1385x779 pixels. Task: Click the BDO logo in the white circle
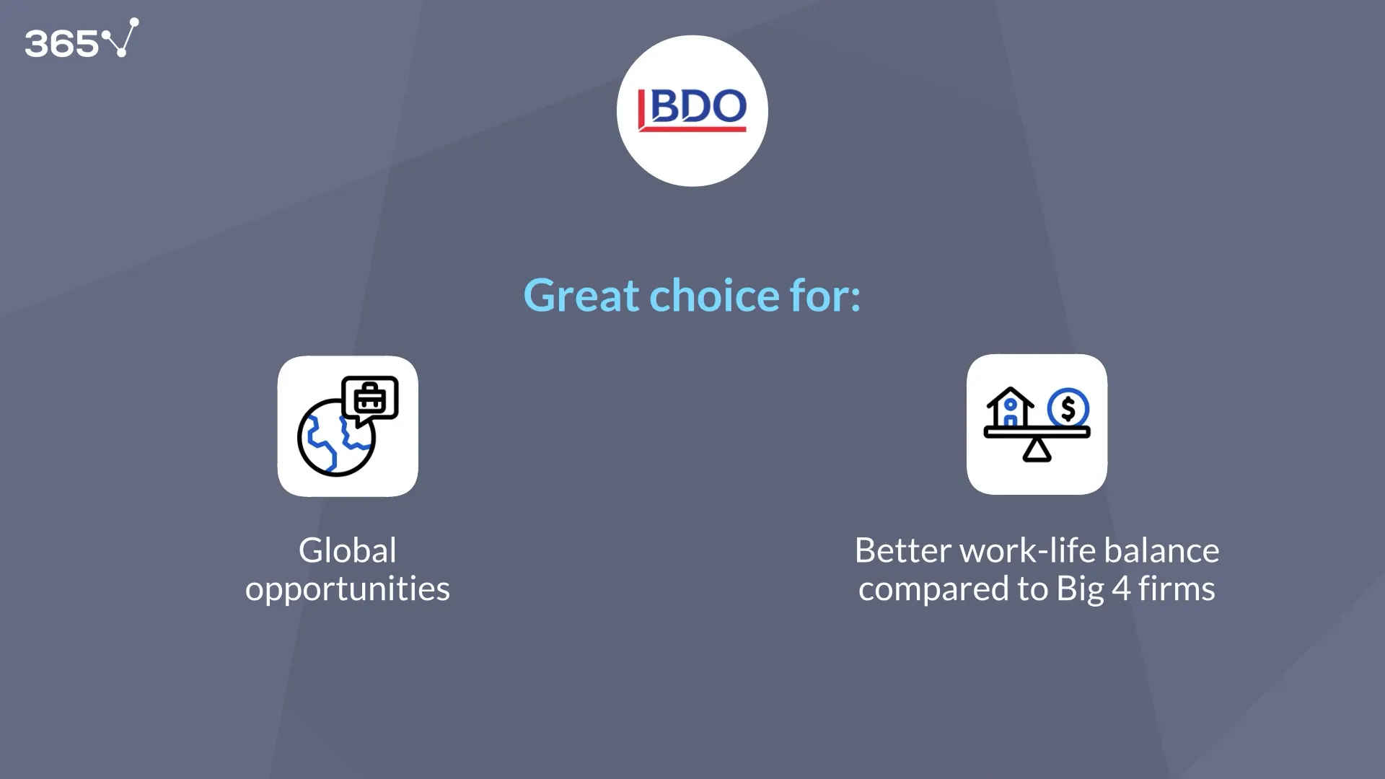(692, 108)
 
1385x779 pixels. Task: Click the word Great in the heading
(581, 295)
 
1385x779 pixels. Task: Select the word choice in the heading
(714, 295)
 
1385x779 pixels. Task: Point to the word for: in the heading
(825, 295)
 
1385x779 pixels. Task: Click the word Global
(347, 550)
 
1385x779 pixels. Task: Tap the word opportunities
(347, 589)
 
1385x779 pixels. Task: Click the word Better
(902, 550)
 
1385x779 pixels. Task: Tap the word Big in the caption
(1080, 589)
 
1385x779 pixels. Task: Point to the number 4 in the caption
(1120, 589)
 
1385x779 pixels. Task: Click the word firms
(1177, 589)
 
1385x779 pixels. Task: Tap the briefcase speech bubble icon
(370, 398)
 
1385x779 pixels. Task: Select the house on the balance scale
(1010, 408)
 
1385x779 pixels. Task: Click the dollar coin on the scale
(1068, 409)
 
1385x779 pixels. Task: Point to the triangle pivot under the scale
(1037, 450)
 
